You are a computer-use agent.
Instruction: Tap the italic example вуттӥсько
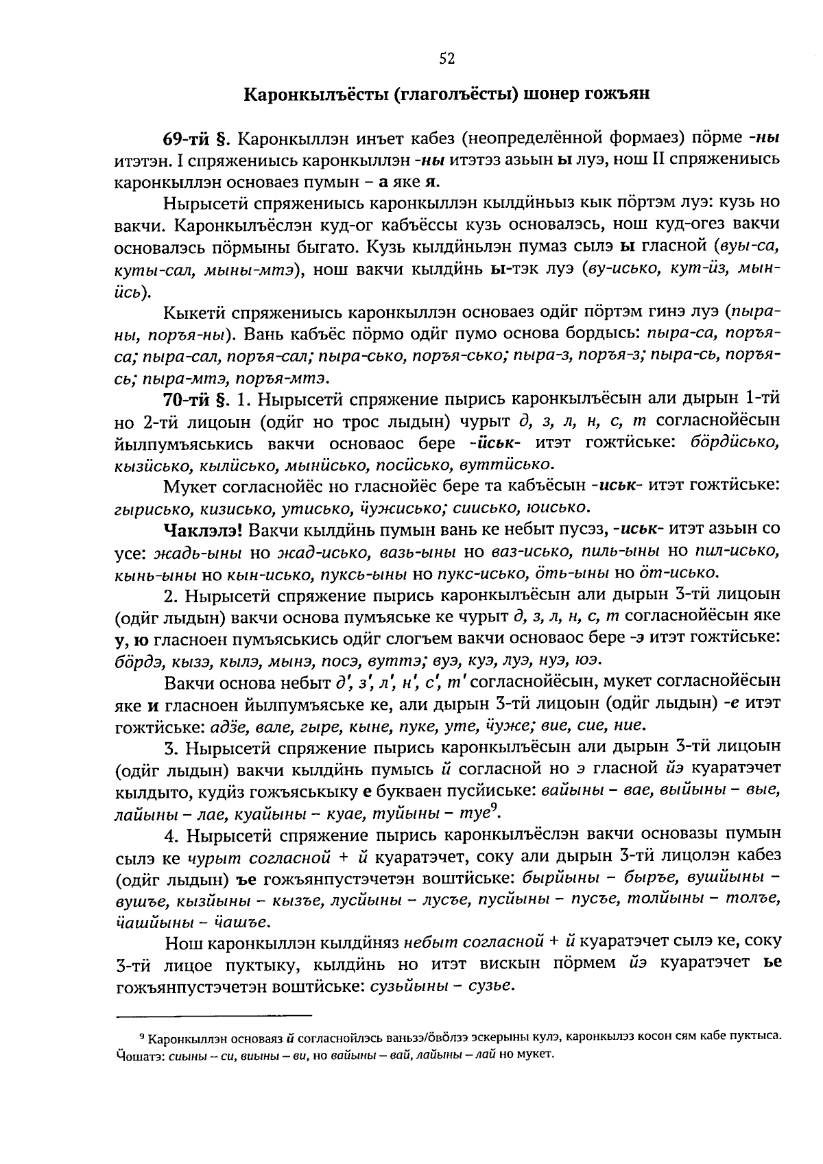click(512, 464)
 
